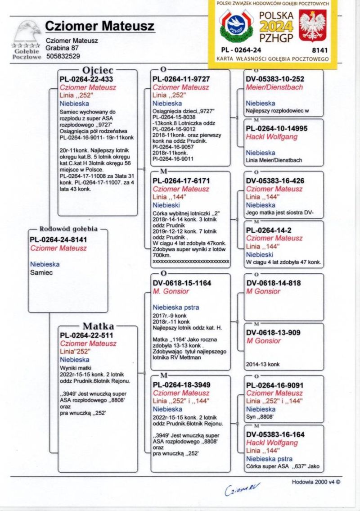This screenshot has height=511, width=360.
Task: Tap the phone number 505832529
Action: (x=63, y=57)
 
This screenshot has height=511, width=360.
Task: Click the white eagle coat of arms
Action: (x=313, y=27)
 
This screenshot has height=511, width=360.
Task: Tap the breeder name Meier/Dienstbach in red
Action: (x=274, y=87)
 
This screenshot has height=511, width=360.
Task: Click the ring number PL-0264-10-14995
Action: (x=277, y=128)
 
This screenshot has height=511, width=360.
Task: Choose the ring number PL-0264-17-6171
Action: (x=181, y=181)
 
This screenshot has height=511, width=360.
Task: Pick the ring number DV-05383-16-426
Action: (x=275, y=181)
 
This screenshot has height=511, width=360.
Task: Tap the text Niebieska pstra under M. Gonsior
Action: (x=175, y=308)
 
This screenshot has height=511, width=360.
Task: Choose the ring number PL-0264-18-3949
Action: (x=181, y=385)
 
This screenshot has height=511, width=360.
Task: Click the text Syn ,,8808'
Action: (x=260, y=417)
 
